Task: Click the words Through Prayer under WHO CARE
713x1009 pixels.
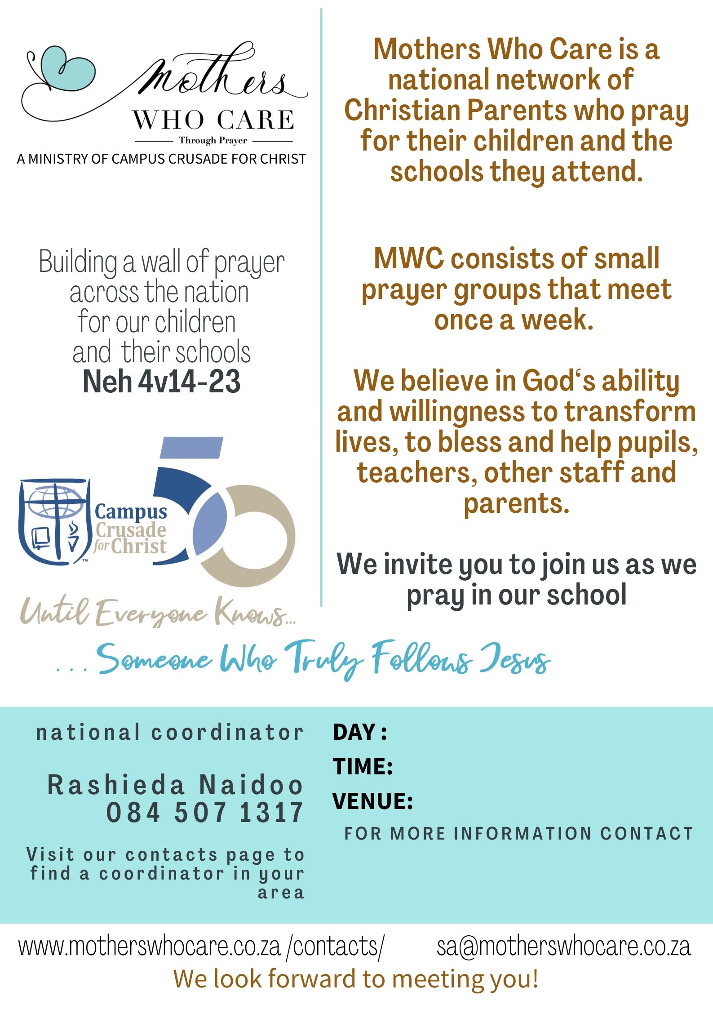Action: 213,141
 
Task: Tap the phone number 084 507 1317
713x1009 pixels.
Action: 205,813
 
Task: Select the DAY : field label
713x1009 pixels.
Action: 360,732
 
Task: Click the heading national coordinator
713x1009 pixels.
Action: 170,733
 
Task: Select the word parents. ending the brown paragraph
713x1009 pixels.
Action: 517,504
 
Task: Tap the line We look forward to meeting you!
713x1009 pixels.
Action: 356,978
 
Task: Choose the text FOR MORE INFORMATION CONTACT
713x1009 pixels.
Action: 519,834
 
